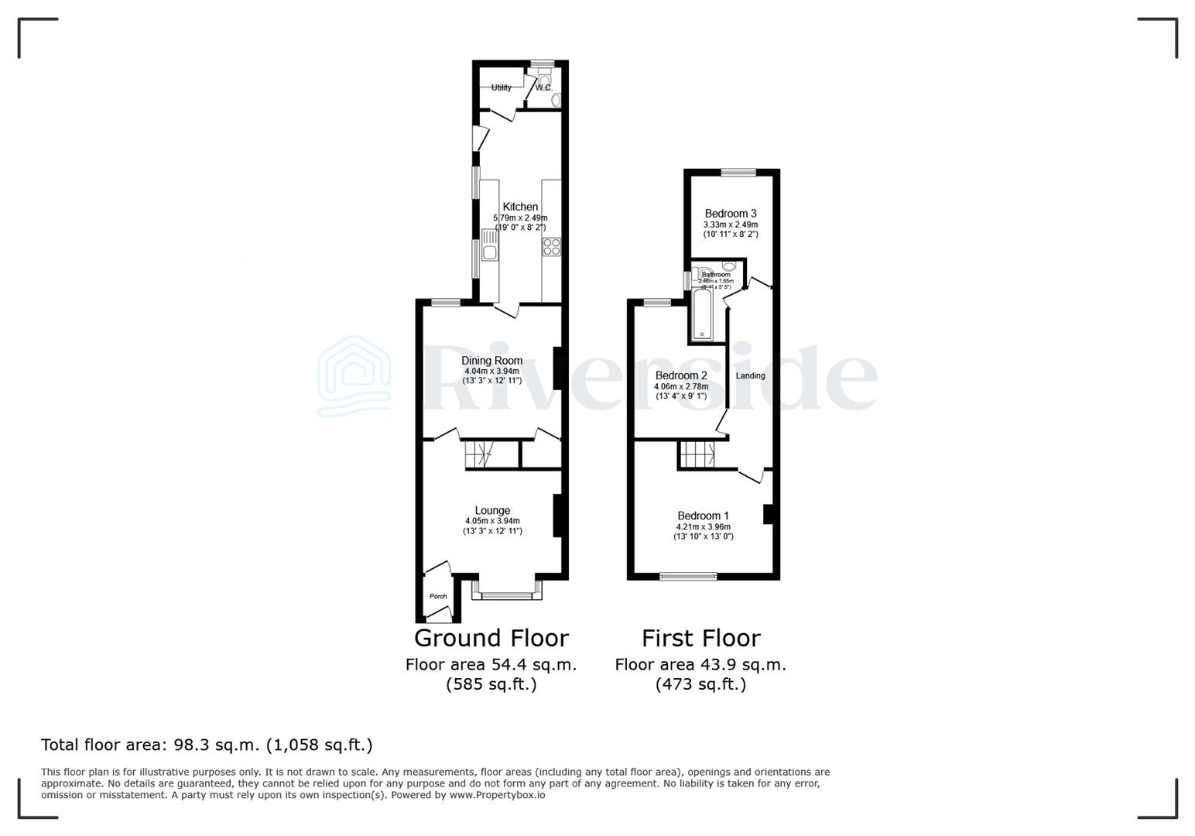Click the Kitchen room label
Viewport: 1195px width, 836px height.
520,207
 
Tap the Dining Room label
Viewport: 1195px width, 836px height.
491,361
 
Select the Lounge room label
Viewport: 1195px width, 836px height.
492,511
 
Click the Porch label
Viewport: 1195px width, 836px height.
438,596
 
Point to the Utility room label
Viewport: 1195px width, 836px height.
501,87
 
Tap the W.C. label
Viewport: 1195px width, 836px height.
543,87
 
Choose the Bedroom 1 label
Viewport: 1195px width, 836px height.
703,516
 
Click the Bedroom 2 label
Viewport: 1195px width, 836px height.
681,375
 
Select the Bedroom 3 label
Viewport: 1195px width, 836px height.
730,214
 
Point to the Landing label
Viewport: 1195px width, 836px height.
750,375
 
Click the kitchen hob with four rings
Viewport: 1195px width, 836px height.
551,247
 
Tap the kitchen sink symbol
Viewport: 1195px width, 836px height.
489,245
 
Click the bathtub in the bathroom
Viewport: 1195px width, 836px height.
703,313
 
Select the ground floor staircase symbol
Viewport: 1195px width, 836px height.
478,455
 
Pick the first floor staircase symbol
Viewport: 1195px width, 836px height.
698,455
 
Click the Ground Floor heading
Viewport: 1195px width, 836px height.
491,638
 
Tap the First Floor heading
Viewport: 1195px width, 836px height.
700,638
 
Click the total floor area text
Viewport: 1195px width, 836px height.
207,745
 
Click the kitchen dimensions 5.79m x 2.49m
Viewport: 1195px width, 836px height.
520,218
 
